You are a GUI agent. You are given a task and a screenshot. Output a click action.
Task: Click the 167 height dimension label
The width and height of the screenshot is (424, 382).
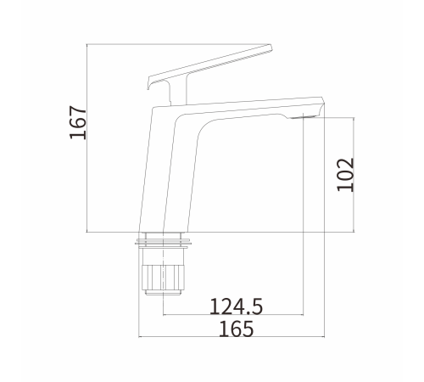click(x=78, y=122)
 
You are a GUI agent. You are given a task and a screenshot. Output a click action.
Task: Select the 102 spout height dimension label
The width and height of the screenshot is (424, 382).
click(x=345, y=175)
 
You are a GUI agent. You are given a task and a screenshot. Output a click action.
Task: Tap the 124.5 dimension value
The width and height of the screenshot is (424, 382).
click(x=236, y=306)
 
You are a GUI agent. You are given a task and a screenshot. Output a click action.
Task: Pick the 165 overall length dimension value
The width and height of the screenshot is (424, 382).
click(x=237, y=329)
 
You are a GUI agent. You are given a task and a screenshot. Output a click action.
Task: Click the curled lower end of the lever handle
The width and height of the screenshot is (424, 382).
click(x=148, y=83)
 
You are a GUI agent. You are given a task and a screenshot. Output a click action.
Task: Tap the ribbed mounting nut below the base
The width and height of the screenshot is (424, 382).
click(x=163, y=278)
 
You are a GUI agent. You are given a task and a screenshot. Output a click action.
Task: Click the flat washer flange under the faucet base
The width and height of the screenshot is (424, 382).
click(x=163, y=242)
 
